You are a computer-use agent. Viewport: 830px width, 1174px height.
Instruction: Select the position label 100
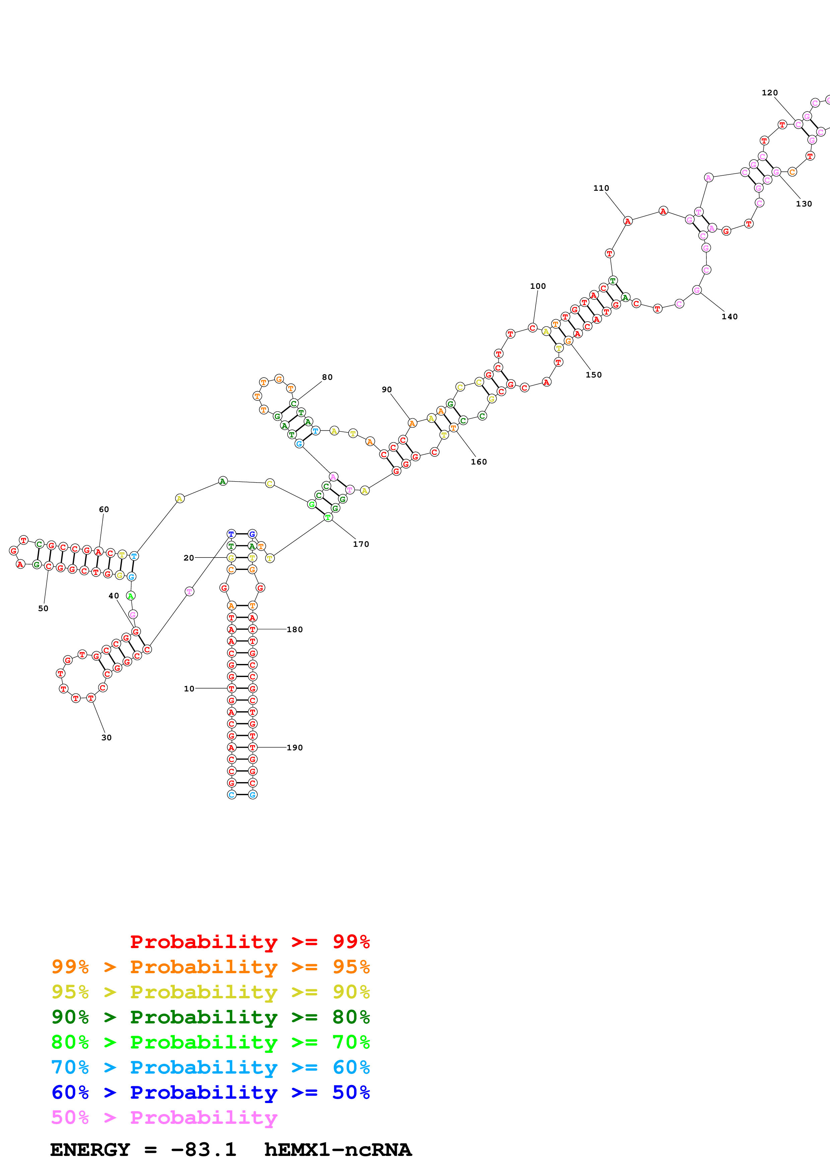click(x=537, y=286)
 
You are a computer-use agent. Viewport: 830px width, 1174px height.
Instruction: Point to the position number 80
click(x=327, y=377)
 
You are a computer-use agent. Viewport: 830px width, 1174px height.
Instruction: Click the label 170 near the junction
click(x=361, y=544)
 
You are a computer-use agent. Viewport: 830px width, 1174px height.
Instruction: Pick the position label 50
click(x=43, y=608)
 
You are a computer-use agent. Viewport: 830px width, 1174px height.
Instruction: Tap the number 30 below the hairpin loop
click(x=106, y=737)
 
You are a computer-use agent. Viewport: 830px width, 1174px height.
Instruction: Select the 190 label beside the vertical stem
click(x=295, y=748)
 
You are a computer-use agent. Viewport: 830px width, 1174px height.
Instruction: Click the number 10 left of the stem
click(x=189, y=689)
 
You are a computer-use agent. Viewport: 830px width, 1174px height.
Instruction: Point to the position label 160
click(x=479, y=462)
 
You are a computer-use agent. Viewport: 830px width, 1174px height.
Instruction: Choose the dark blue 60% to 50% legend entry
click(x=210, y=1092)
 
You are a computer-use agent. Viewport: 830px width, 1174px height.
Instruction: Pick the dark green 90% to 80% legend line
click(x=210, y=1017)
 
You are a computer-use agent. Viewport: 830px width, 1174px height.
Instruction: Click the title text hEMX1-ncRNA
click(x=337, y=1150)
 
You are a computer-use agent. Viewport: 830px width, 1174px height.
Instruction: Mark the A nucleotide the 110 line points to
click(x=627, y=221)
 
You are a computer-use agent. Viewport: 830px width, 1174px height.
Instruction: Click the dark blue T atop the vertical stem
click(x=231, y=534)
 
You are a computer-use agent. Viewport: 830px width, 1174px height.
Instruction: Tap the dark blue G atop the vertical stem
click(x=252, y=534)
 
